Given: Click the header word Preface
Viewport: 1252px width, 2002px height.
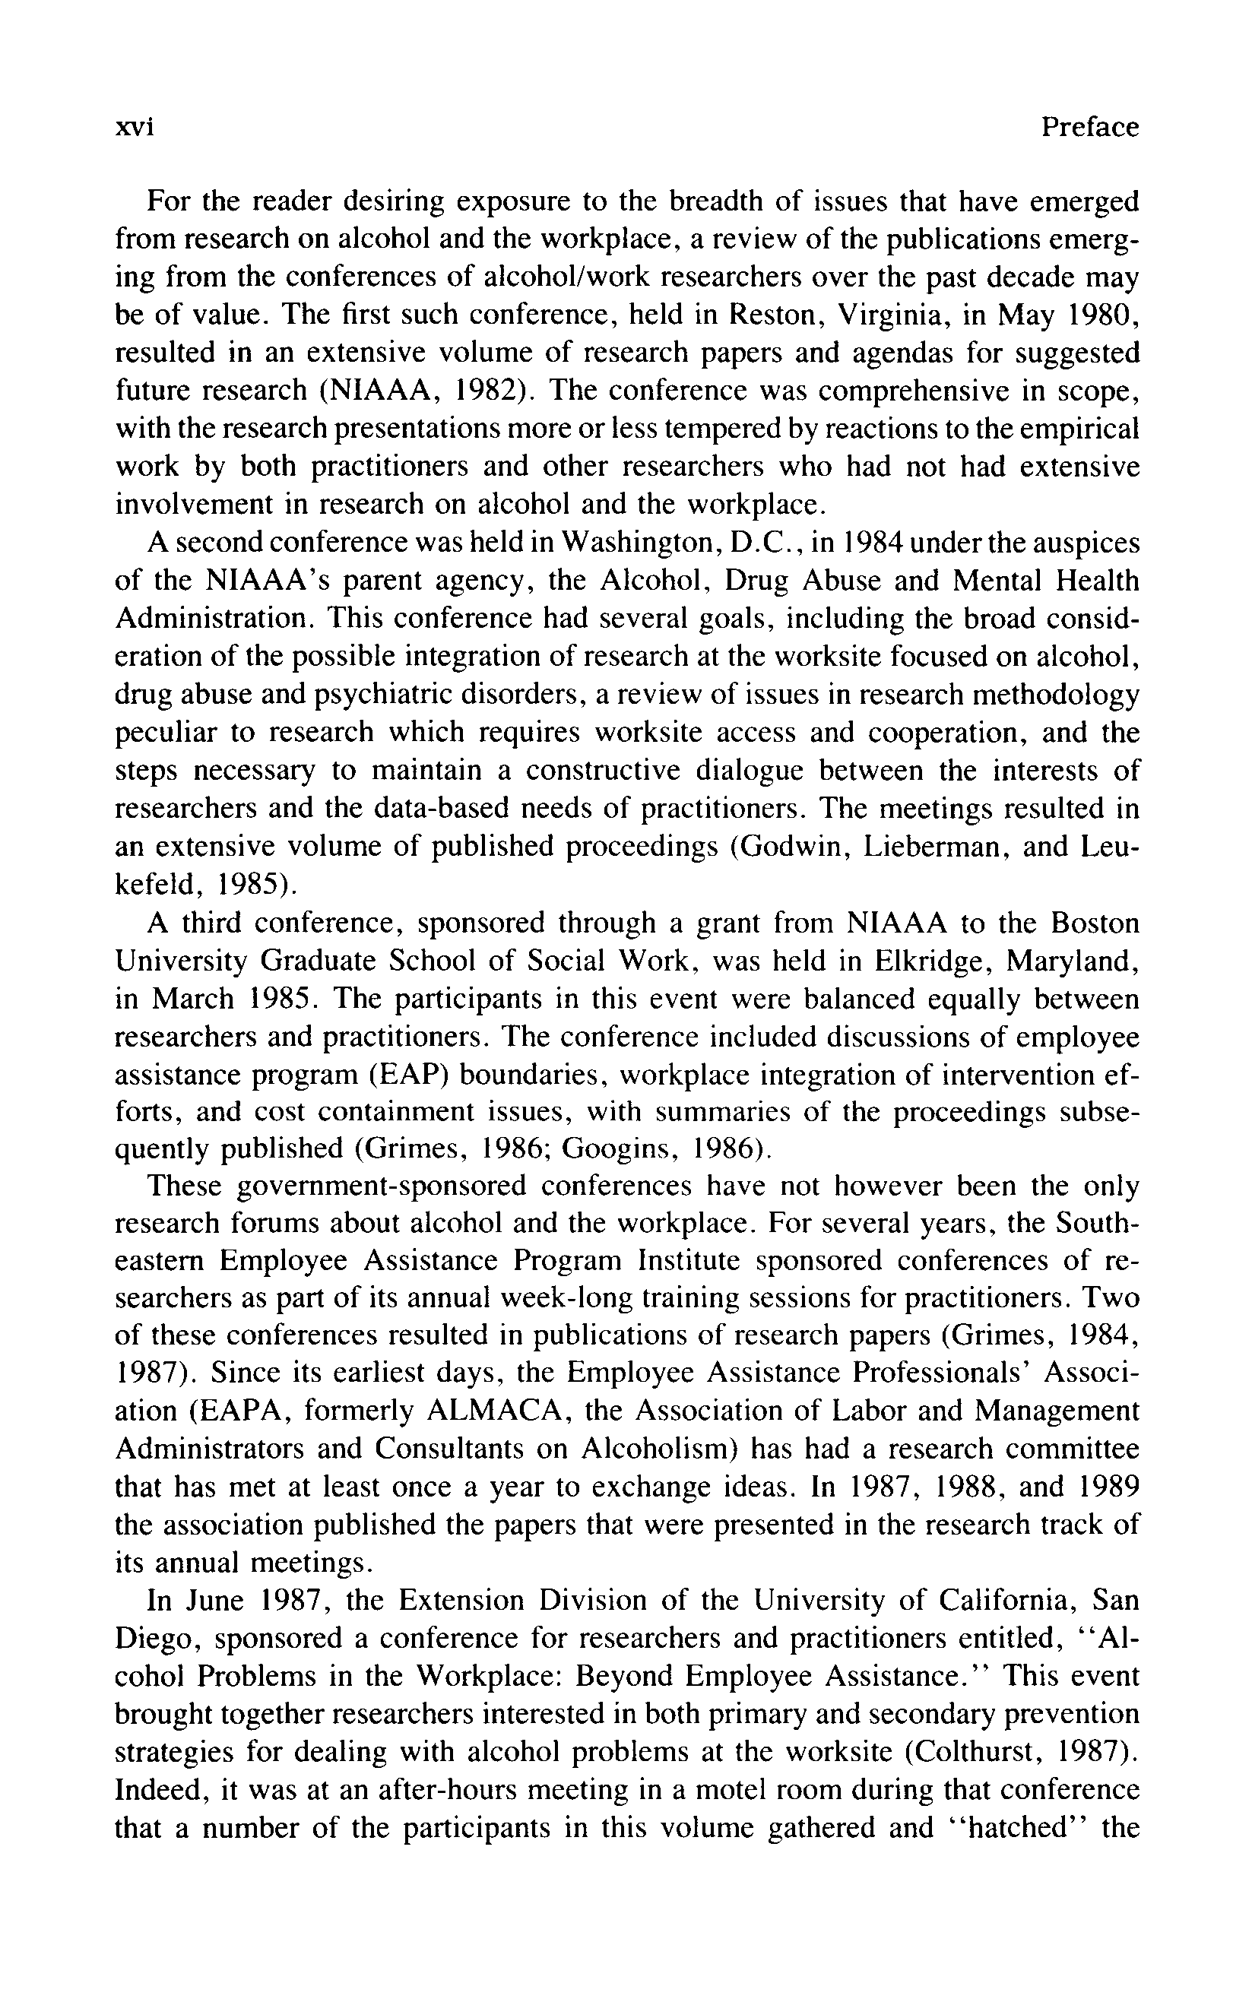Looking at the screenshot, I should (x=1090, y=127).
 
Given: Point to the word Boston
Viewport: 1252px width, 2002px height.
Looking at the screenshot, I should (x=1094, y=923).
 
